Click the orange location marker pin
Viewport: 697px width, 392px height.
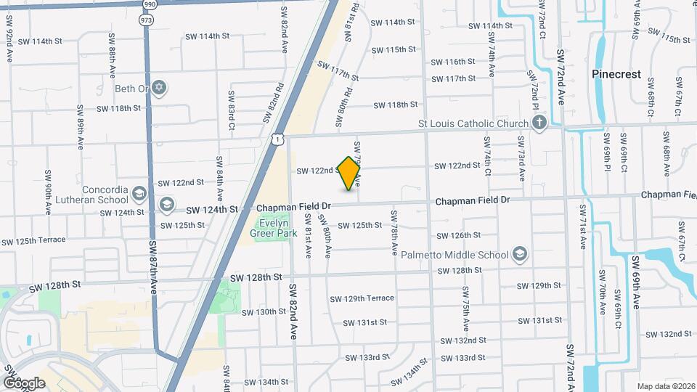coord(349,173)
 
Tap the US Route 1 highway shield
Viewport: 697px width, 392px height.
coord(279,139)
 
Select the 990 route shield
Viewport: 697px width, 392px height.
coord(149,4)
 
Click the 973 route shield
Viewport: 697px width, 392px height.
coord(147,20)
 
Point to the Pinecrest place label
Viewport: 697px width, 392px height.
coord(616,74)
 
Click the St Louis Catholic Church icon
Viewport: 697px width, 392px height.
coord(539,123)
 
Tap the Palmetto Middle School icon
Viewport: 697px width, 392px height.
coord(519,255)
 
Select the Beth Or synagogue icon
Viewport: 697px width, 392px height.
coord(160,89)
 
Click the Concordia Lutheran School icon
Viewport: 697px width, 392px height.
coord(139,194)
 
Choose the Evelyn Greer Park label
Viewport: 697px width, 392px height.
coord(269,229)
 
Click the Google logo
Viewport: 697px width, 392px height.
coord(24,383)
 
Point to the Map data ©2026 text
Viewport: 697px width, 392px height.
coord(665,386)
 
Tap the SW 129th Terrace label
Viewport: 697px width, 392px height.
coord(362,298)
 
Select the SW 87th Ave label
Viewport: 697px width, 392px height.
coord(153,267)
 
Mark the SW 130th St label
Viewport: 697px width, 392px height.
coord(265,311)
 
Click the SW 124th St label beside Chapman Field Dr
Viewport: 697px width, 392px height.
coord(215,209)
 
